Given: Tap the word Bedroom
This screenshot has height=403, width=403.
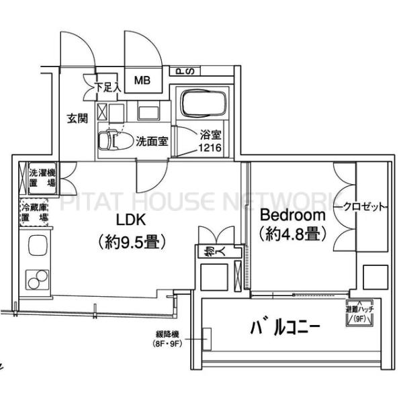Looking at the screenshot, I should click(x=293, y=216).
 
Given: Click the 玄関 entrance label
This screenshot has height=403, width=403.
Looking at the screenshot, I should click(x=78, y=119).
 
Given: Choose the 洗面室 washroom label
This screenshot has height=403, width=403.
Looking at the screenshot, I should click(x=152, y=142).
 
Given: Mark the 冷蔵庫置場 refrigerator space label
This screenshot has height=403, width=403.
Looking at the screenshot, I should click(x=34, y=213).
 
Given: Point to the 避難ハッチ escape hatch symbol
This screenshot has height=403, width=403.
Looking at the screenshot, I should click(x=355, y=314).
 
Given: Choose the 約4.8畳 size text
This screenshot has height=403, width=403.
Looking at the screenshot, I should click(x=293, y=234).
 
